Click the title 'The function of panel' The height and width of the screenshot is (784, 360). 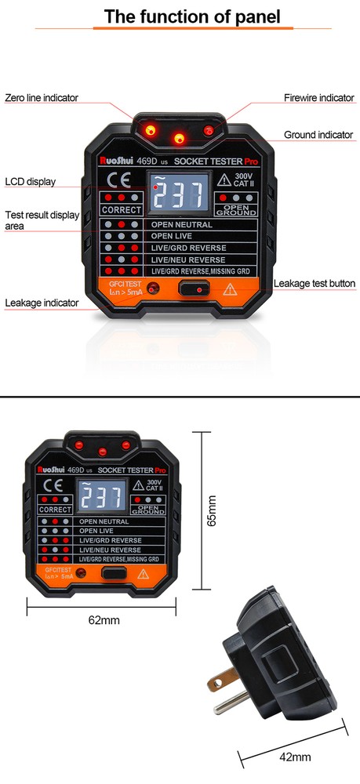pos(180,16)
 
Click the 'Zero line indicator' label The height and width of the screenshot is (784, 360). pos(42,98)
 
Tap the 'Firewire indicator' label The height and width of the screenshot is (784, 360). pos(318,98)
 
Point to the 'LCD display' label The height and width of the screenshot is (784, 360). pos(31,182)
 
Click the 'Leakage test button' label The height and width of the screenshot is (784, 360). pos(315,283)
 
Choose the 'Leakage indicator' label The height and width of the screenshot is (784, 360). pos(42,303)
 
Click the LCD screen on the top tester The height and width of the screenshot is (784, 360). pos(178,195)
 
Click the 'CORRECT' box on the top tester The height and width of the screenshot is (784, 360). pos(122,210)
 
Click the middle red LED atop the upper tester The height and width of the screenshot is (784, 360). pos(179,139)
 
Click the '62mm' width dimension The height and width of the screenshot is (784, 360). pos(104,620)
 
